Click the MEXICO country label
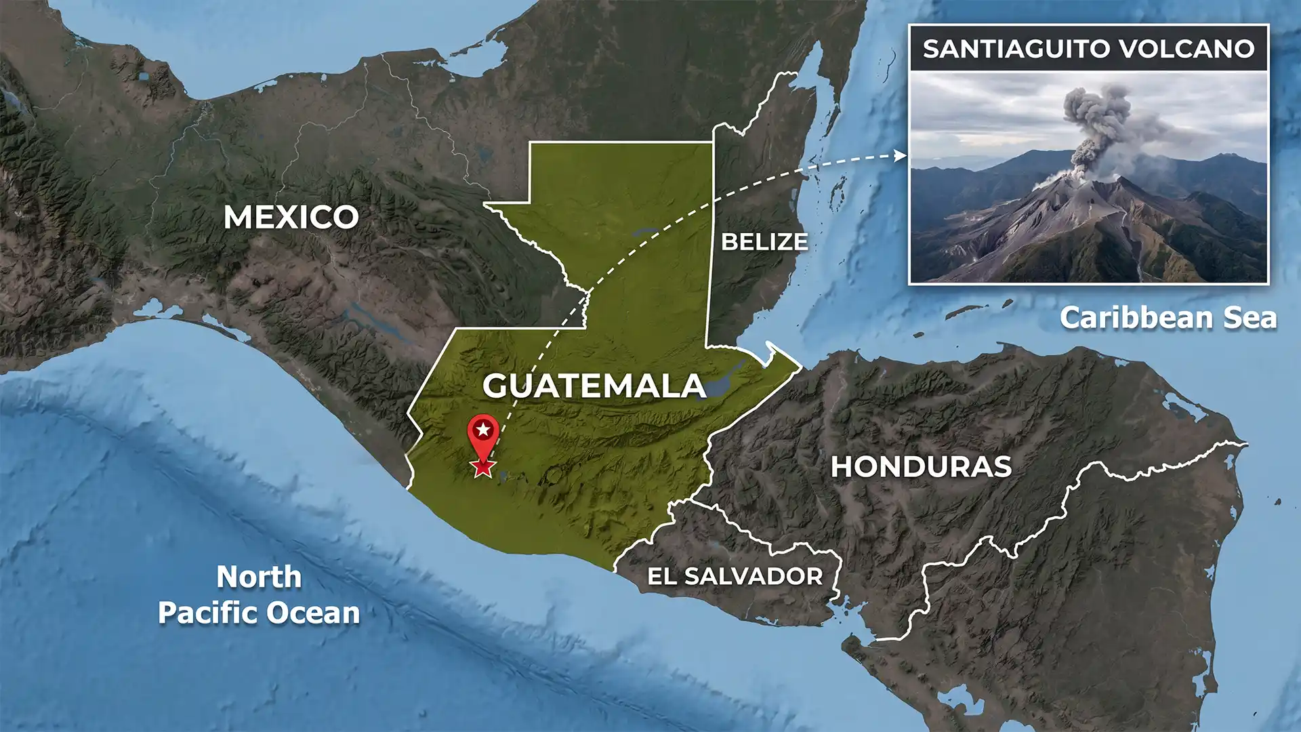coord(291,218)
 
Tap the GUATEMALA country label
coord(594,386)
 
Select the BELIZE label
coord(764,242)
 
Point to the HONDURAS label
coord(921,467)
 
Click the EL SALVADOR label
coord(735,577)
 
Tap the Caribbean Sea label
coord(1168,318)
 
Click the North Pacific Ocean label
coord(259,595)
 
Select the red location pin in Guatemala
coord(483,434)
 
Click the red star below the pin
coord(483,467)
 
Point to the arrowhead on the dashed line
coord(901,156)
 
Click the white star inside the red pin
coord(483,429)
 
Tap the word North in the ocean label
coord(259,577)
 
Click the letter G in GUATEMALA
coord(497,386)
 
